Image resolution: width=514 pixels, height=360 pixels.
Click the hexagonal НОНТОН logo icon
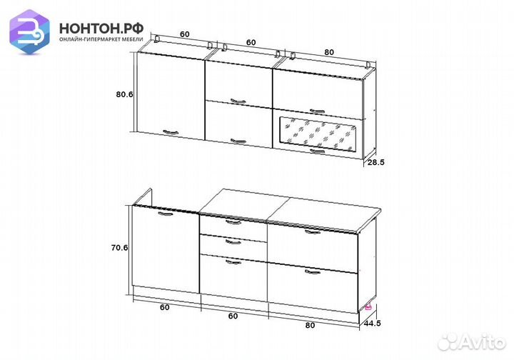tap(29, 31)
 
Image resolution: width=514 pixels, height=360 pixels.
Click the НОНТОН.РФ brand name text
tap(101, 29)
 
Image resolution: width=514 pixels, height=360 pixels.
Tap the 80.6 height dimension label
tap(124, 94)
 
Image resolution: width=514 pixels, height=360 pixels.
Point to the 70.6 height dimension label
tap(119, 248)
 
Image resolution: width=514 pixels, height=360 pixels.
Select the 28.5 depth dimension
tap(376, 162)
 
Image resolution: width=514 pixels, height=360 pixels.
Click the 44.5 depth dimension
tap(373, 324)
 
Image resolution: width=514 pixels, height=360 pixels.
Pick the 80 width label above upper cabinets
tap(329, 52)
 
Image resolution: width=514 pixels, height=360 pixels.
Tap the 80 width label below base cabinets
tap(310, 326)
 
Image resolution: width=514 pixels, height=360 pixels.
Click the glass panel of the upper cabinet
tap(317, 134)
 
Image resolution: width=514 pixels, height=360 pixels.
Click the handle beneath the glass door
tap(317, 151)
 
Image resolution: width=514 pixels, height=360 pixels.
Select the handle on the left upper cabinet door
tap(171, 132)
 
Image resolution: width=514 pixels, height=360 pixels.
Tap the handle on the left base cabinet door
tap(166, 214)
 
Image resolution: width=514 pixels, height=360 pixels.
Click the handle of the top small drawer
tap(233, 222)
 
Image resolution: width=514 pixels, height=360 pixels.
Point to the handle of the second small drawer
tap(233, 242)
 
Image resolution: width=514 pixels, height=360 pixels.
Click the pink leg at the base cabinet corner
tap(368, 306)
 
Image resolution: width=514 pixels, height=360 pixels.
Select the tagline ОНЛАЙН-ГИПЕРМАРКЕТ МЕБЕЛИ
tap(101, 39)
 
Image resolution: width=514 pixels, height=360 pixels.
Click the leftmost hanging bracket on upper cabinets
tap(156, 39)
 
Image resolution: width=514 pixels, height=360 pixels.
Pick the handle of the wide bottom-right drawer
tap(313, 272)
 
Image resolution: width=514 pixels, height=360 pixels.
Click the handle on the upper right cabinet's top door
tap(317, 111)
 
